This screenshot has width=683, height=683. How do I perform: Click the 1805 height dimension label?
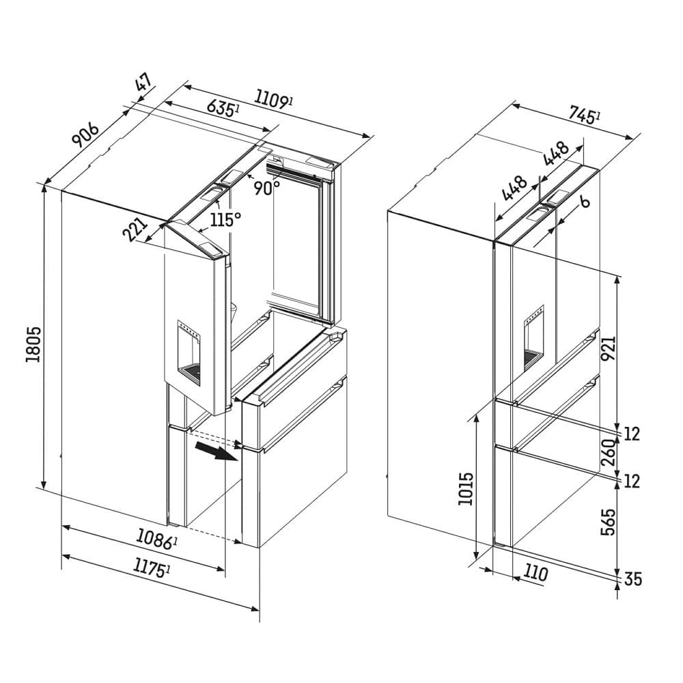coord(33,344)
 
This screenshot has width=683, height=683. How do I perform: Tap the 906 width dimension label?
coord(86,135)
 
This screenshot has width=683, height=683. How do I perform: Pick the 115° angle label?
coord(225,219)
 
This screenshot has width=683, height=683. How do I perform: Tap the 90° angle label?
coord(267,188)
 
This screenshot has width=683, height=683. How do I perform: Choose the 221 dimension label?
coord(135,229)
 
